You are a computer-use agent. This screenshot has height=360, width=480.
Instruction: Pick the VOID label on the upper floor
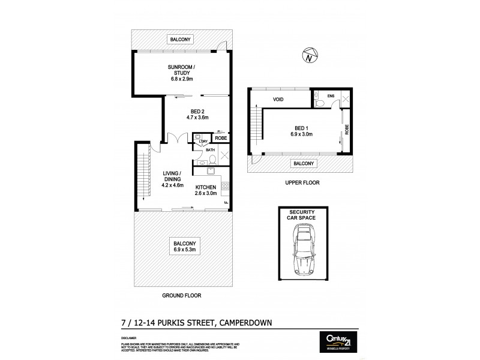click(x=278, y=99)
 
